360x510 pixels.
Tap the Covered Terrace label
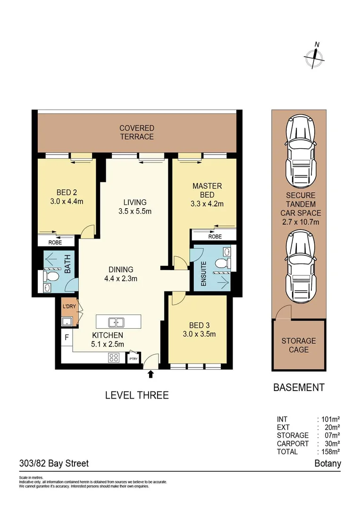point(136,132)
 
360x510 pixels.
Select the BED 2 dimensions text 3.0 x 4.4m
point(67,202)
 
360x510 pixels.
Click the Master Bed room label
point(207,190)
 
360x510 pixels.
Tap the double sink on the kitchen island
point(116,323)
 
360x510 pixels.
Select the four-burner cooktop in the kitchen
point(114,357)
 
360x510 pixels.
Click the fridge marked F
point(67,338)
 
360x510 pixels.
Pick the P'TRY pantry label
point(134,359)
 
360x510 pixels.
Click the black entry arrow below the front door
point(151,374)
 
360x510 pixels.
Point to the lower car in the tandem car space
point(299,265)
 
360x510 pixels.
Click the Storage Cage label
point(299,345)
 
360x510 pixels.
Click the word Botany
point(327,463)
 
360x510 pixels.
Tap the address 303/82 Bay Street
point(54,463)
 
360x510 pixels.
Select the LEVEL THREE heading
point(136,395)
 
